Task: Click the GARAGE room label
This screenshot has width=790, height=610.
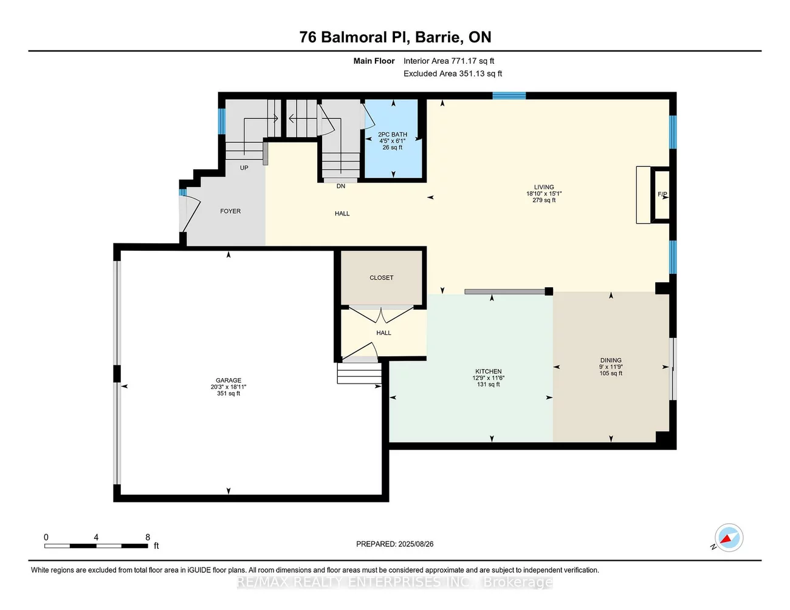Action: (228, 381)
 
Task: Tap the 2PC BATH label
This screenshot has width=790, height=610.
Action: (393, 135)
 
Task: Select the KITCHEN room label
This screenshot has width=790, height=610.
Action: (489, 371)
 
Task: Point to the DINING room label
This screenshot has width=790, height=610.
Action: (611, 361)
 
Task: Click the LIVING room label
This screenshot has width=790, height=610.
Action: (544, 188)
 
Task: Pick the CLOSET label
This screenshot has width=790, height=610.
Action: (382, 278)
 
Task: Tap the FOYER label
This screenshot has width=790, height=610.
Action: (230, 211)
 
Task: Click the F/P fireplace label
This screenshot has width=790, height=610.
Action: (662, 195)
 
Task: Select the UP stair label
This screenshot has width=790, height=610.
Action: (244, 168)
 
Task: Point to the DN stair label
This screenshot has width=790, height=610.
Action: (341, 186)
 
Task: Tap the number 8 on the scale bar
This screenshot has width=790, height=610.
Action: (148, 537)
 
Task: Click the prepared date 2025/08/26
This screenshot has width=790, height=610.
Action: (416, 544)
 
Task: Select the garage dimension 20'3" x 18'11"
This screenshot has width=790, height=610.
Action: (228, 387)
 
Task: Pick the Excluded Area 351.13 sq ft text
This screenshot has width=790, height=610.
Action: (453, 73)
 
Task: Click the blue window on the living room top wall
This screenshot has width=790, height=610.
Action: (509, 95)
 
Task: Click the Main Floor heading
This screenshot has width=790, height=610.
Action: (374, 61)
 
